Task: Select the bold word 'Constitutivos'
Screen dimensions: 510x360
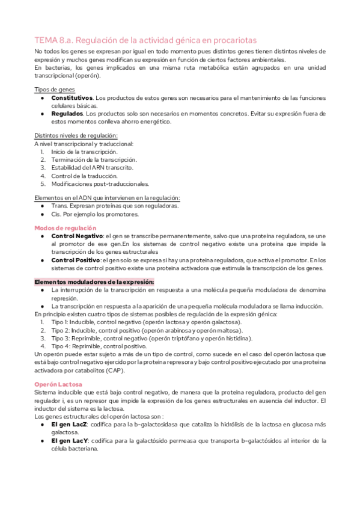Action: (x=72, y=97)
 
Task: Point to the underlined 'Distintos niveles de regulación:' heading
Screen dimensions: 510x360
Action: (x=76, y=135)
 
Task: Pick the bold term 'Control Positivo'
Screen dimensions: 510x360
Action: (x=75, y=260)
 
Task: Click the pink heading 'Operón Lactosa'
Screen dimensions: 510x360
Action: (x=58, y=383)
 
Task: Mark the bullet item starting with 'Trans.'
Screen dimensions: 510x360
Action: (x=114, y=206)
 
